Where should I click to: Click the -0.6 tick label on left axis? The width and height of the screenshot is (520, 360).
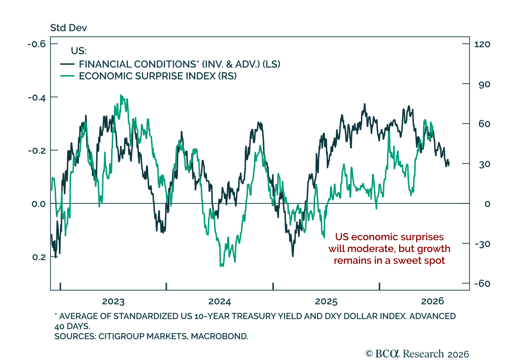click(x=36, y=44)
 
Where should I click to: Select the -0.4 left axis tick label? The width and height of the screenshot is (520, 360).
click(x=37, y=98)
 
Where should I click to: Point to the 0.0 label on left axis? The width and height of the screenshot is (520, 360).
click(x=39, y=204)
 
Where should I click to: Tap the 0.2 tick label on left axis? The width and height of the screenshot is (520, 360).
click(x=39, y=257)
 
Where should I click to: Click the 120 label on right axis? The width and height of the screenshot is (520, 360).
click(x=482, y=44)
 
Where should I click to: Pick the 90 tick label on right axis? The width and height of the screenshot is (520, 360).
click(x=484, y=84)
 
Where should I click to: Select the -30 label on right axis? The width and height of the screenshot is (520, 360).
click(x=482, y=244)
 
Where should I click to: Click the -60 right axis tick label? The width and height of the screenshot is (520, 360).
click(x=482, y=284)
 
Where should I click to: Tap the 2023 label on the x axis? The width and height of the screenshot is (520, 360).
click(x=113, y=301)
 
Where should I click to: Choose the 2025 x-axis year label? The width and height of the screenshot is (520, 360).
click(x=326, y=301)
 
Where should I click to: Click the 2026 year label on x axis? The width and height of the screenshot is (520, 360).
click(x=432, y=301)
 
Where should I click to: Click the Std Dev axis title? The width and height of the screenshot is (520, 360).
click(x=68, y=28)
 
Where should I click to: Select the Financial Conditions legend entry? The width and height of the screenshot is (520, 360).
click(x=170, y=64)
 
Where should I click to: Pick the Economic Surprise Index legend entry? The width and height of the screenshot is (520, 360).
click(x=148, y=76)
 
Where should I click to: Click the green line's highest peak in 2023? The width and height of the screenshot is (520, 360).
click(x=121, y=95)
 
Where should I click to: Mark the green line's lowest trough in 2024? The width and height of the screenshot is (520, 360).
click(x=221, y=266)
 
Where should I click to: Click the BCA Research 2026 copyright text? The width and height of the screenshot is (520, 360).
click(x=417, y=354)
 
